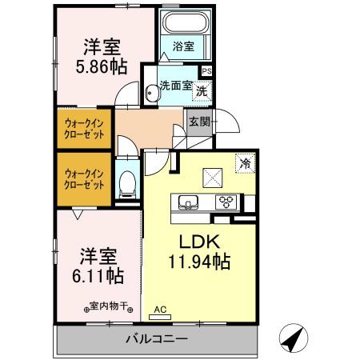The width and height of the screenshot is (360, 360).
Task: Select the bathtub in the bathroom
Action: pos(184,24)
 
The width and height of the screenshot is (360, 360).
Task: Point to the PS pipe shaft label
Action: pos(207,70)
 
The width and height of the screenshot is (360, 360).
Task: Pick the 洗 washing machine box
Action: pos(202,91)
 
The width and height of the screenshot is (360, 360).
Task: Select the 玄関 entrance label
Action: pos(199,122)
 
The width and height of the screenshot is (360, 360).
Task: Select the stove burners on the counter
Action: pos(225,202)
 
